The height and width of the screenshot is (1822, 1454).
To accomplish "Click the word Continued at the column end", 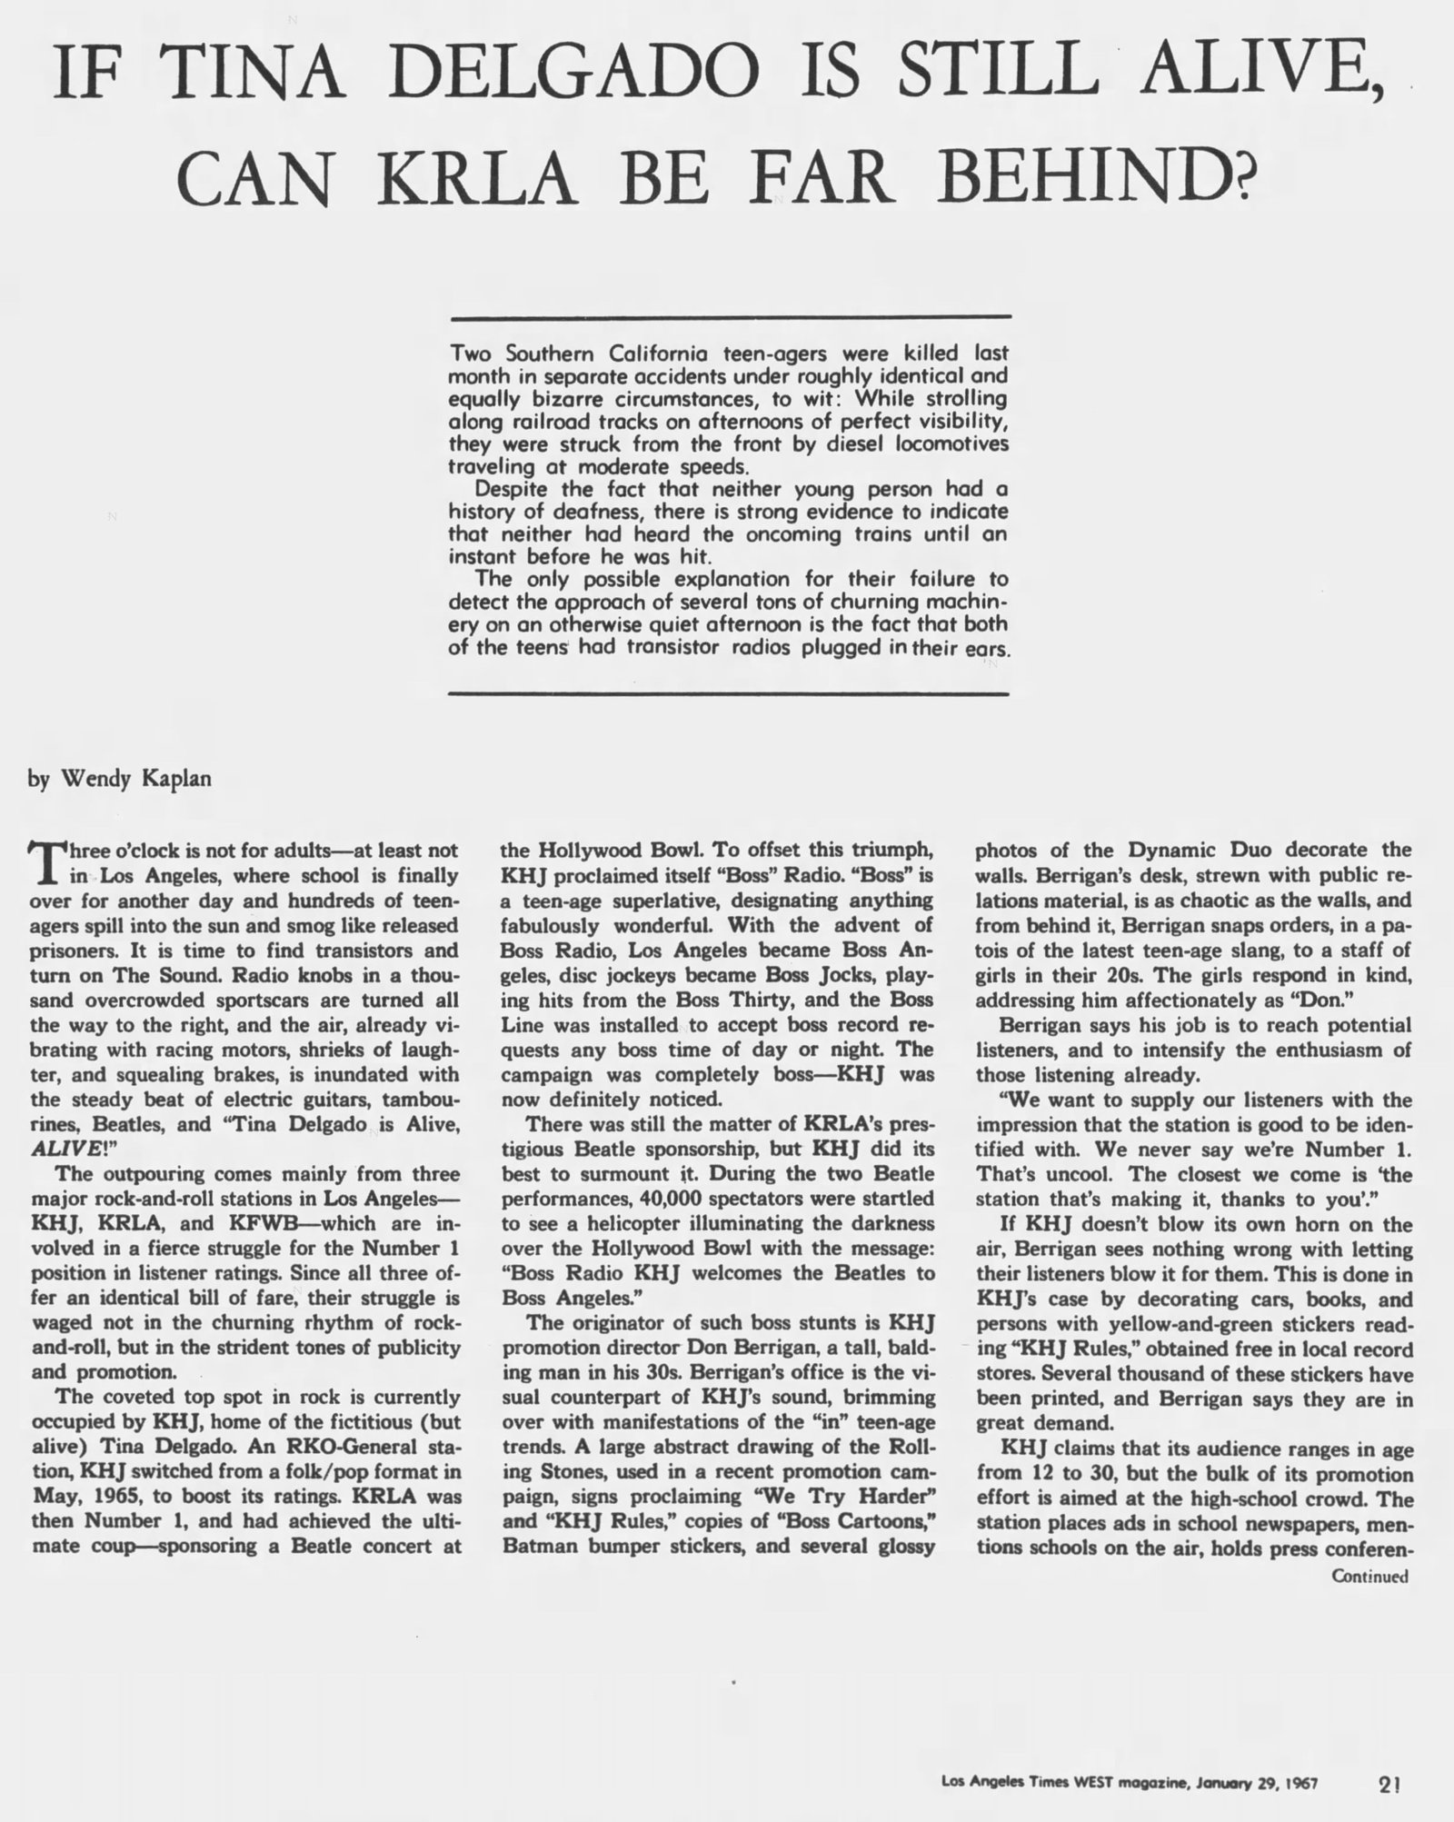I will click(x=1369, y=1576).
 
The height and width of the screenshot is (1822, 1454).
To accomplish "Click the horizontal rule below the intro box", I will click(x=731, y=693).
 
